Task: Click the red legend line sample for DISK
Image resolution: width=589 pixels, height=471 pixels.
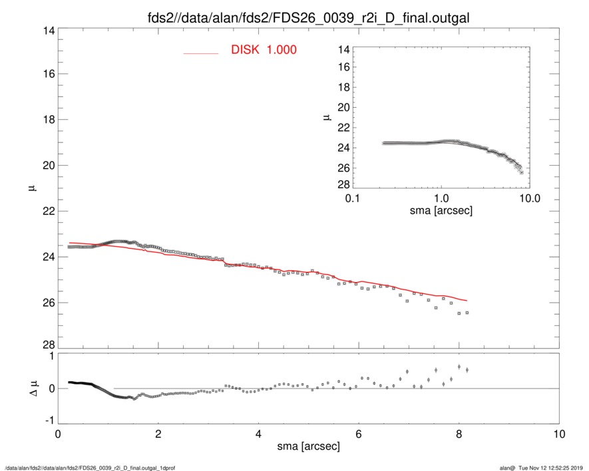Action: pos(201,53)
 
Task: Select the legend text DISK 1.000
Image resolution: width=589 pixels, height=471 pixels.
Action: pos(264,51)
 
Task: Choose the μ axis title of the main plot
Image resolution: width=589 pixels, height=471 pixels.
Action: pos(30,188)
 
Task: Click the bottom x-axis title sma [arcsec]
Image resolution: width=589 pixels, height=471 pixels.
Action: pos(308,446)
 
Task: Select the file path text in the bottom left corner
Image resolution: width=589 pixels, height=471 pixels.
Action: pos(87,467)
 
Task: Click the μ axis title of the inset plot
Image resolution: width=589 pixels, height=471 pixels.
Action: pos(327,118)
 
